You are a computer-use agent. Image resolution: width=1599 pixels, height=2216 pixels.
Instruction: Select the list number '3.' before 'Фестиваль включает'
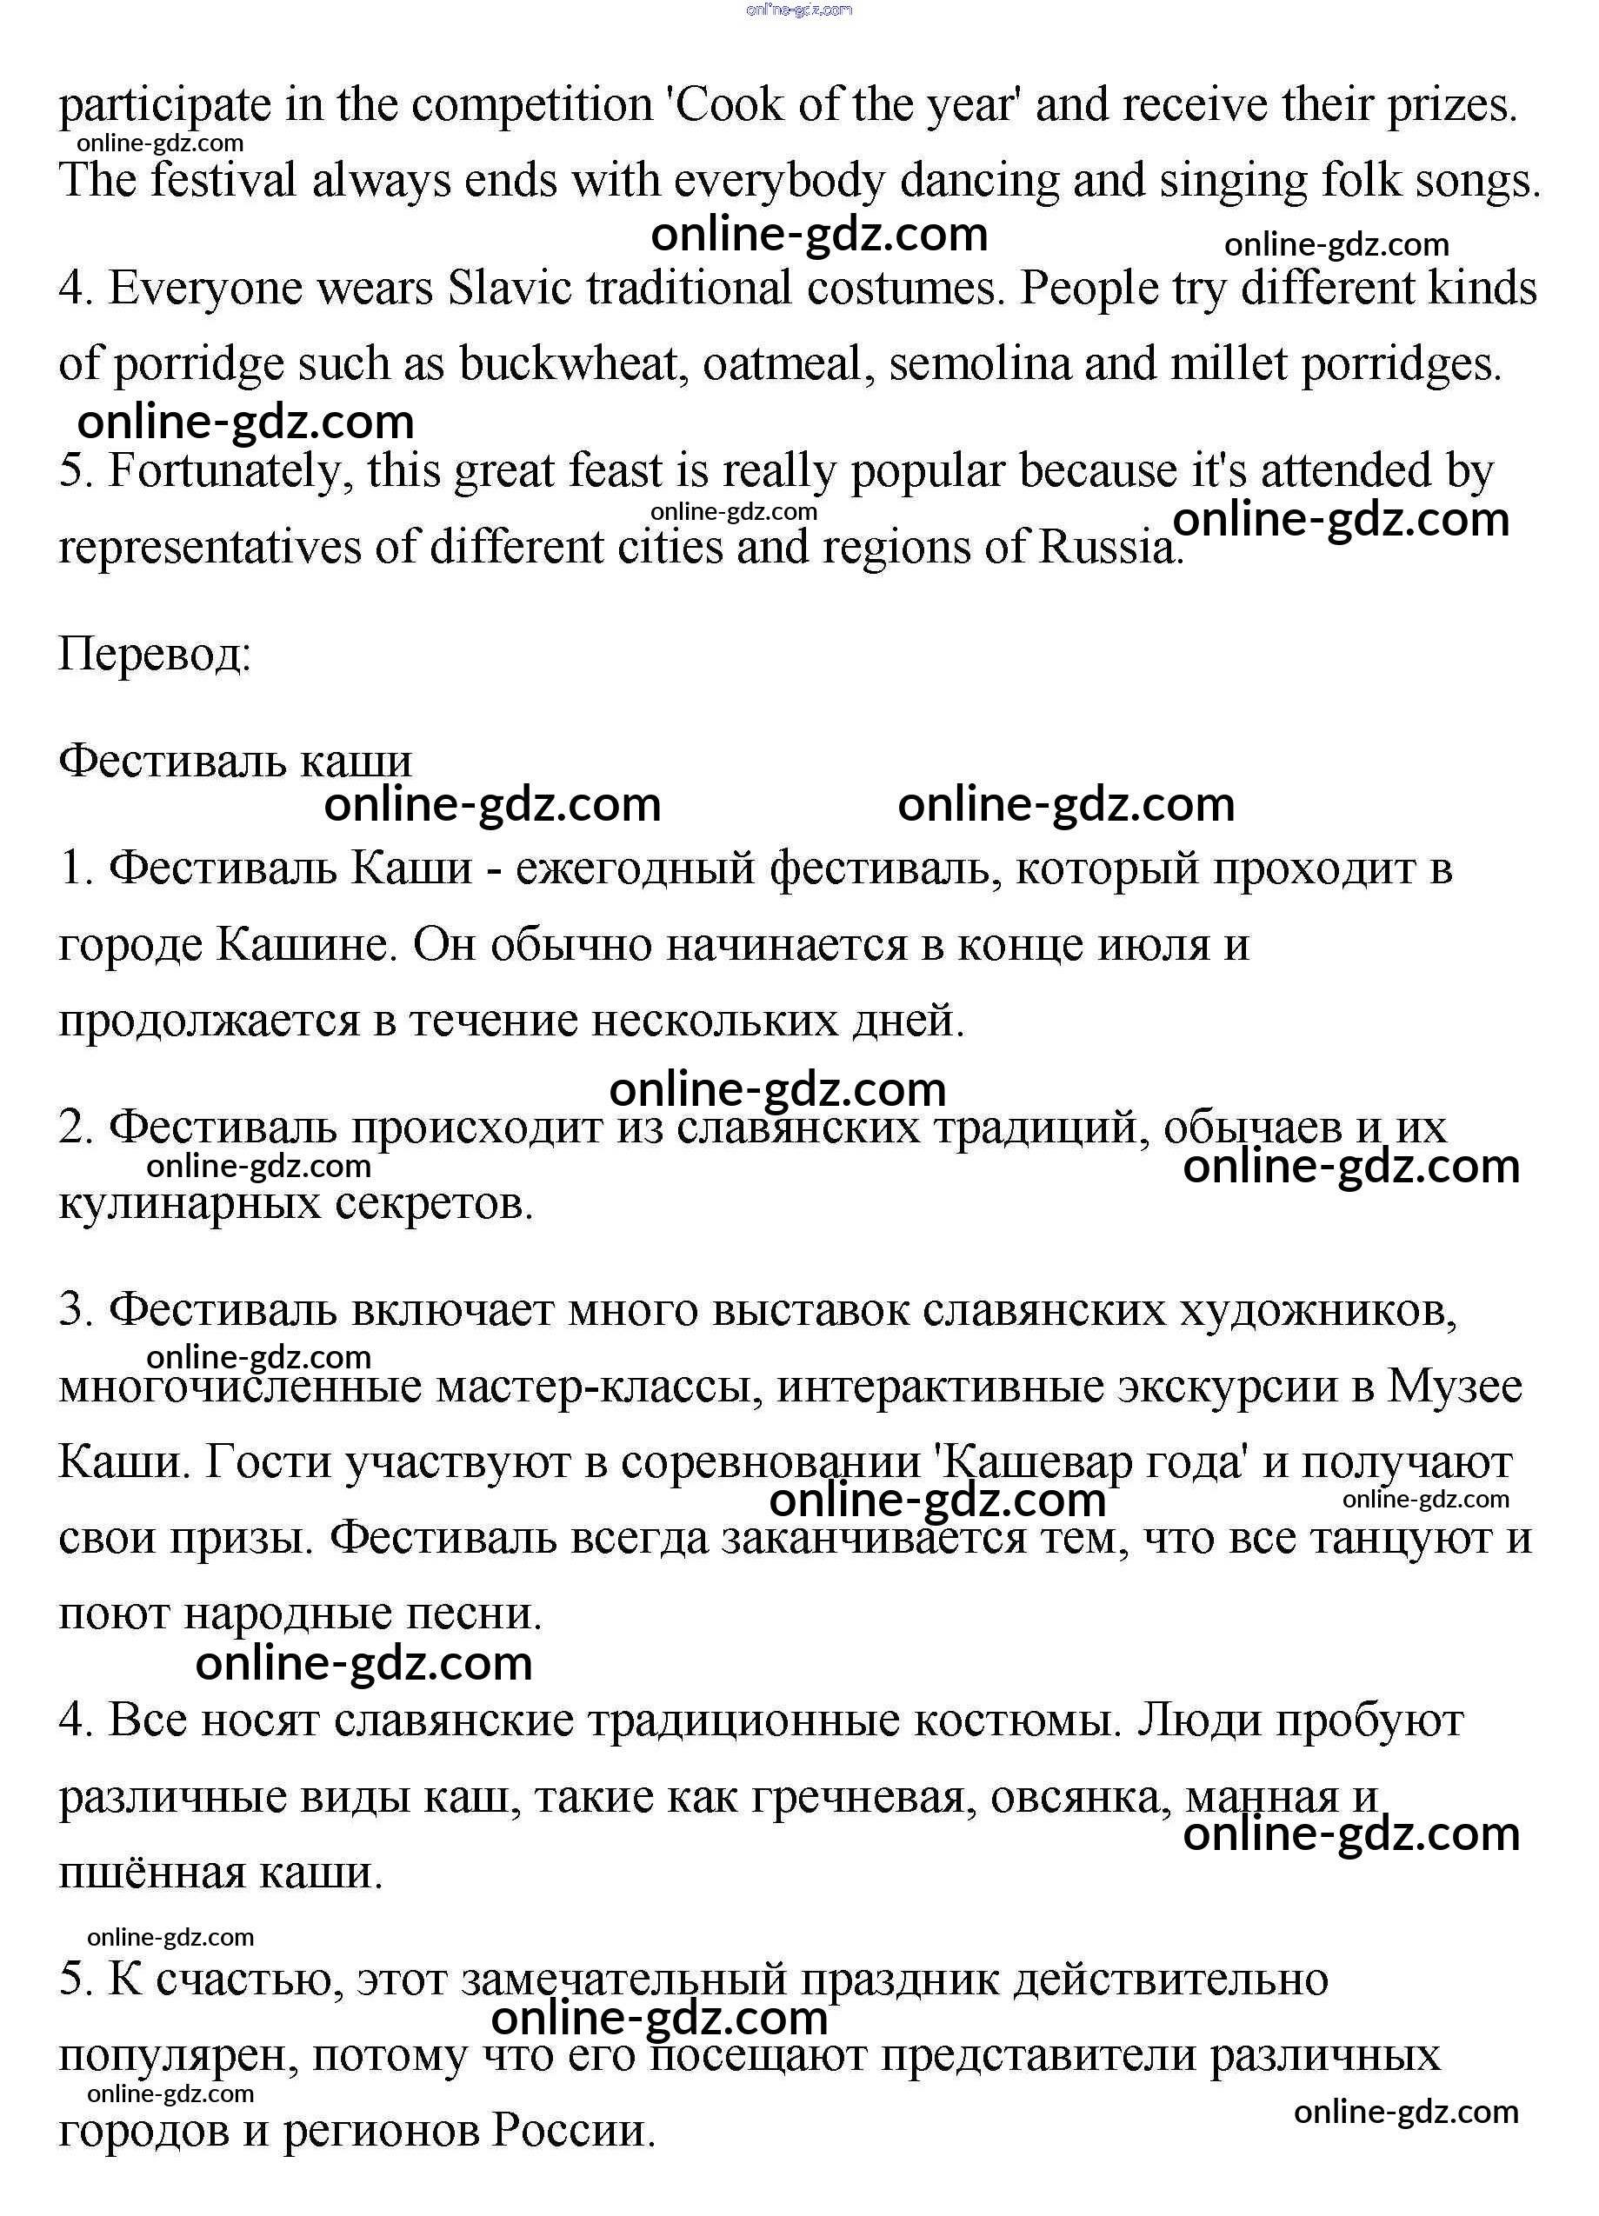(76, 1310)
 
